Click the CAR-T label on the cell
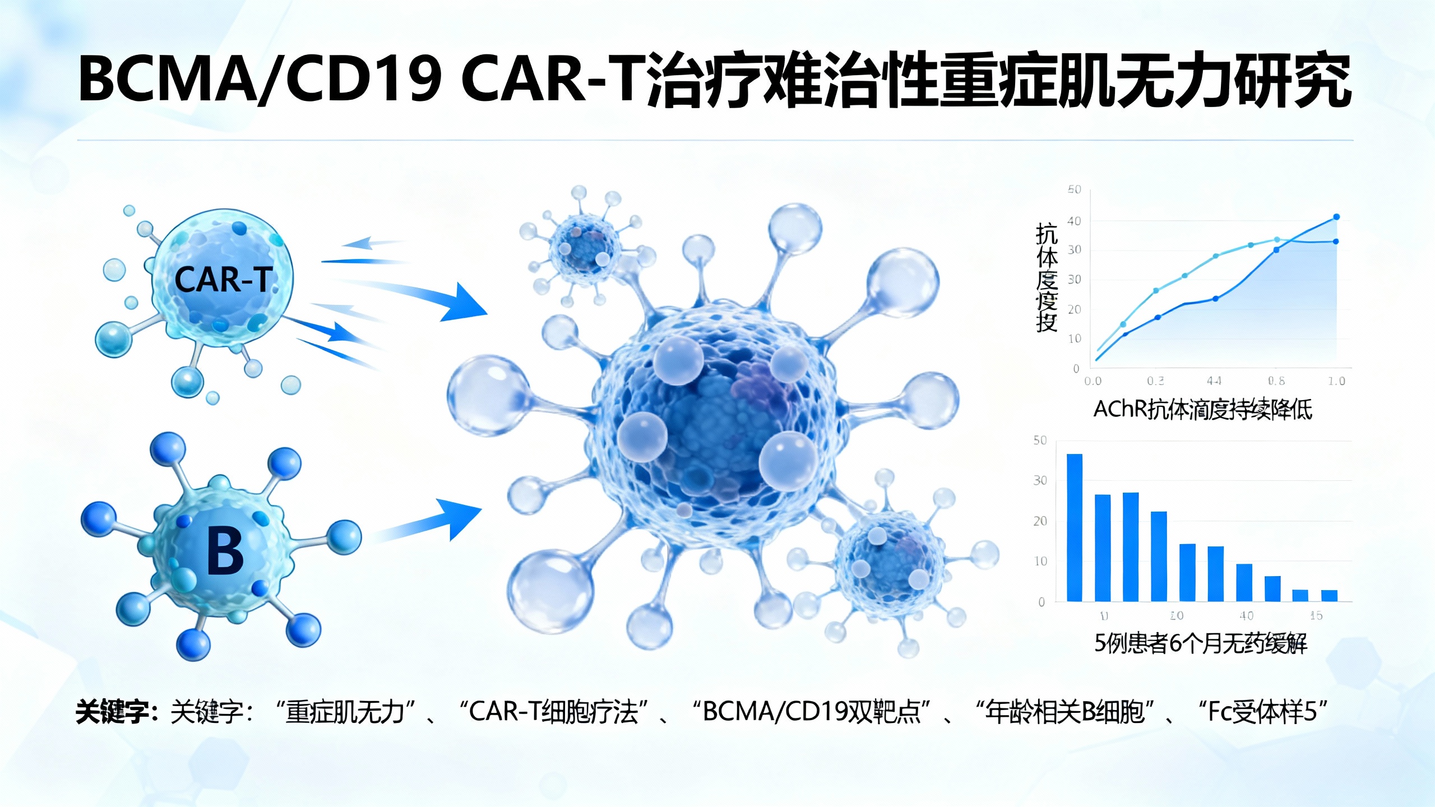[x=224, y=279]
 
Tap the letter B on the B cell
[x=225, y=551]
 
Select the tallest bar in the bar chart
[x=1074, y=527]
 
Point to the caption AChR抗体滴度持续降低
[x=1203, y=410]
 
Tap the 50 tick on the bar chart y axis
[x=1040, y=440]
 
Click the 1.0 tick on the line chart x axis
[x=1336, y=381]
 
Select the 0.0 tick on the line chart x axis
[x=1093, y=381]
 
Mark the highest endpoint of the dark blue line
[x=1336, y=217]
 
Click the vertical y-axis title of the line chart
[x=1046, y=277]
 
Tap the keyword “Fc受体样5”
[x=1262, y=712]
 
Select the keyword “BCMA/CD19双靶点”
[x=811, y=712]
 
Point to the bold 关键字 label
[x=114, y=712]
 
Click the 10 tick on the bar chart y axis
[x=1040, y=561]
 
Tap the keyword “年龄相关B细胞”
[x=1064, y=712]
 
